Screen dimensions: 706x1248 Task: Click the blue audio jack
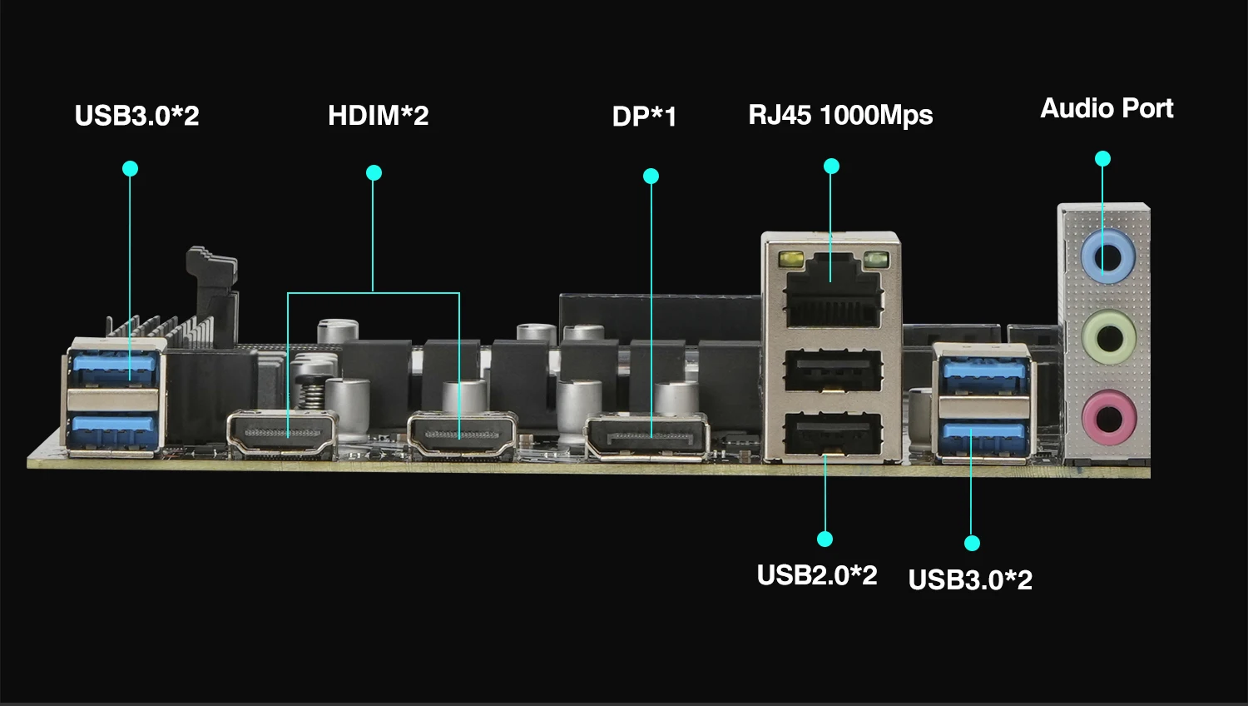click(1107, 258)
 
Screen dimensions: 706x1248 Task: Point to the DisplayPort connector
click(646, 436)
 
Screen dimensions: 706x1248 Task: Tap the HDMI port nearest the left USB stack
click(282, 435)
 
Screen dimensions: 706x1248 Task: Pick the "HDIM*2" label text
click(378, 115)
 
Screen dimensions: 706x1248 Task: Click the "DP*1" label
click(644, 117)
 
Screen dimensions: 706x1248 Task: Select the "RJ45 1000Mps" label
click(840, 115)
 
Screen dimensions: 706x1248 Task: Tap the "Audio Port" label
click(1107, 108)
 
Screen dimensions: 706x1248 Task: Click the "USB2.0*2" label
click(817, 575)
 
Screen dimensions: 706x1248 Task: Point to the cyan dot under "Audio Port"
click(1102, 158)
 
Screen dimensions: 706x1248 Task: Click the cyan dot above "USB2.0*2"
click(825, 539)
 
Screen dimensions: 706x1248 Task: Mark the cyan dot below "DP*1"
click(651, 176)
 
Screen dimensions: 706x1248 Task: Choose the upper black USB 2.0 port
click(832, 370)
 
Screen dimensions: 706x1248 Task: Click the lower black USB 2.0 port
click(832, 434)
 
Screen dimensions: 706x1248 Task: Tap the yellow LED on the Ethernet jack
click(791, 260)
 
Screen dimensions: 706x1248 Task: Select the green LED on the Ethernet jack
click(874, 260)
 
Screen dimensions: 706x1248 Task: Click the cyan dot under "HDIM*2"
click(374, 173)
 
